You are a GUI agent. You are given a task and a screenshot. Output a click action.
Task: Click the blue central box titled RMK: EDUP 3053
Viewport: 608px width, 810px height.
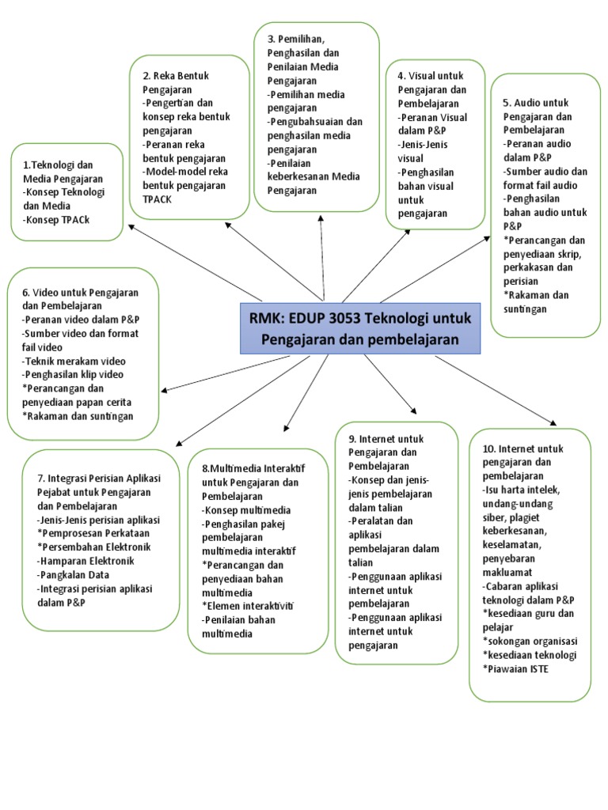(360, 327)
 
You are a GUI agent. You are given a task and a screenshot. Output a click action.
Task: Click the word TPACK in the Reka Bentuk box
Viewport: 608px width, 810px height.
(158, 199)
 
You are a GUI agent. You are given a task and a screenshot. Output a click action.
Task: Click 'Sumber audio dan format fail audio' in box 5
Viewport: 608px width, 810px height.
(545, 178)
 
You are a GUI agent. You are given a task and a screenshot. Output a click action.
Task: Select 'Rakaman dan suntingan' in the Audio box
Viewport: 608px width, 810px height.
(536, 301)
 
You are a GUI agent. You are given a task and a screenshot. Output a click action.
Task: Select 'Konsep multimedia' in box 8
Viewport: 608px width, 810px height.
(246, 510)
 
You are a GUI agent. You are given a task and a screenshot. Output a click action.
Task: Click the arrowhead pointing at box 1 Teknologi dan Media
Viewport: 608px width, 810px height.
(128, 226)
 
